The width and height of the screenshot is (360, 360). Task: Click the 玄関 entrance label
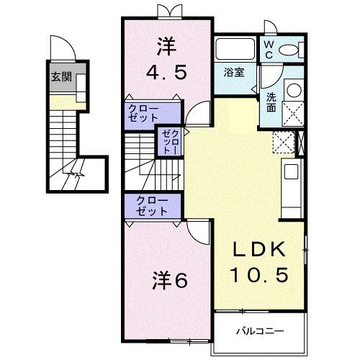60,77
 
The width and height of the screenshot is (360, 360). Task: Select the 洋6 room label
170,279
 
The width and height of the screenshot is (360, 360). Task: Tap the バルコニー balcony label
261,332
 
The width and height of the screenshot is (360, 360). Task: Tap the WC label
267,49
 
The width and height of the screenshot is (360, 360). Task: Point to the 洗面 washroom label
271,103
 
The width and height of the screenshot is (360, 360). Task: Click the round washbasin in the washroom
293,91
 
